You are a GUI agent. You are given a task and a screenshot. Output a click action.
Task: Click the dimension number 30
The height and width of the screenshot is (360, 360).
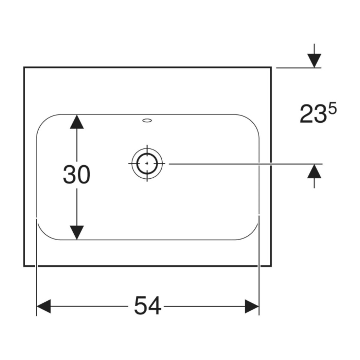pyautogui.click(x=77, y=174)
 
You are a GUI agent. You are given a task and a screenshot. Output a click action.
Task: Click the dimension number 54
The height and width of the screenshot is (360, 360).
pyautogui.click(x=148, y=306)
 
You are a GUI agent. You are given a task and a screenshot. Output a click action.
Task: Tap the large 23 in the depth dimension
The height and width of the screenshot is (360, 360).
pyautogui.click(x=313, y=114)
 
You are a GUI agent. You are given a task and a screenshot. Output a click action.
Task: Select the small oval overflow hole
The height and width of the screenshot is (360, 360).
pyautogui.click(x=147, y=120)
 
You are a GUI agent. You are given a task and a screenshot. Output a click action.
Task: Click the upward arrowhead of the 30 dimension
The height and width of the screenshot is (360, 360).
pyautogui.click(x=77, y=122)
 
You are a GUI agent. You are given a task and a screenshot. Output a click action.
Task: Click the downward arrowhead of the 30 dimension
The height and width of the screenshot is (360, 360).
pyautogui.click(x=77, y=232)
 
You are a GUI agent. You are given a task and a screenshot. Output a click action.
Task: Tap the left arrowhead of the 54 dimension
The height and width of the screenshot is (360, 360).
pyautogui.click(x=44, y=306)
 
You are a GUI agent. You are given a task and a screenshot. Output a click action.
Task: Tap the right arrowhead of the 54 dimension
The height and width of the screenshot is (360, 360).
pyautogui.click(x=252, y=306)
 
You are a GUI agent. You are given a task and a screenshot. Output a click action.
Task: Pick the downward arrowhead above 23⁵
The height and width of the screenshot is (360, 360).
pyautogui.click(x=314, y=61)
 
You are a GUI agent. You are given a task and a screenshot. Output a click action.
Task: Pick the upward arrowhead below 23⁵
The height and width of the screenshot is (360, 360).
pyautogui.click(x=314, y=171)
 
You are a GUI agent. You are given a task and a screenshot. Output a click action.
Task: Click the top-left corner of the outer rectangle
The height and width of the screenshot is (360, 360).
pyautogui.click(x=24, y=67)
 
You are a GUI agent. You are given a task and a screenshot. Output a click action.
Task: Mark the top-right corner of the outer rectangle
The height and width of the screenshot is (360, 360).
pyautogui.click(x=271, y=67)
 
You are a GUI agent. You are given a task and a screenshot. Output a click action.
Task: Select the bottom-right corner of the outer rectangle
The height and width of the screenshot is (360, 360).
pyautogui.click(x=271, y=266)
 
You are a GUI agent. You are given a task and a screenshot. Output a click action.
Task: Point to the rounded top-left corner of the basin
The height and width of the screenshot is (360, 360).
pyautogui.click(x=43, y=121)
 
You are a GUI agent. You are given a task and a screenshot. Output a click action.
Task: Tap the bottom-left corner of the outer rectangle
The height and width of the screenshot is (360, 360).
pyautogui.click(x=24, y=266)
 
